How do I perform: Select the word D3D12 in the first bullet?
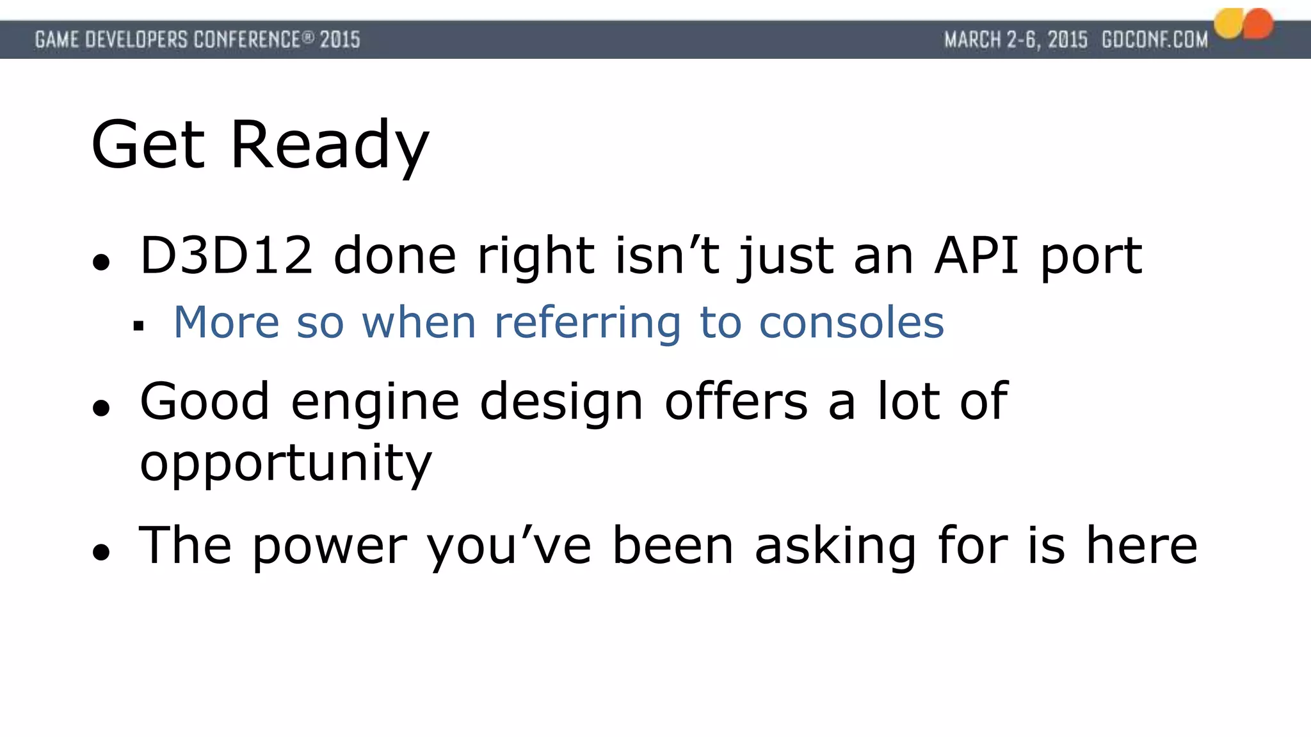pos(226,256)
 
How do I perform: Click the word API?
pos(976,256)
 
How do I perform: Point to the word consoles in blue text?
pos(851,322)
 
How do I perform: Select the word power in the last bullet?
pos(330,546)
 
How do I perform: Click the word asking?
pos(835,546)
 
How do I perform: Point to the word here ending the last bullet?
pos(1141,546)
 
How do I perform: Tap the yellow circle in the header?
pos(1228,24)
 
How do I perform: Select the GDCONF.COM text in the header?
pos(1155,40)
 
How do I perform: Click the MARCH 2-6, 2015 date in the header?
pos(1016,40)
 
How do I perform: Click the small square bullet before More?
pos(138,326)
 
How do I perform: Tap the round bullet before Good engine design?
pos(101,408)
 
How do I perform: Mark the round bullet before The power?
pos(101,551)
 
